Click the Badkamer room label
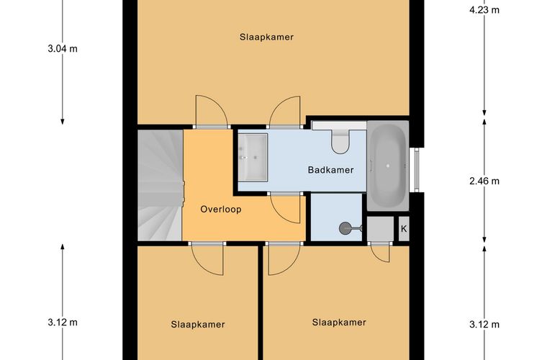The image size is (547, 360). [330, 170]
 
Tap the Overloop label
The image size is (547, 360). [221, 210]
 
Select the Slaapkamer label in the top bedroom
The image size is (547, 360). [266, 37]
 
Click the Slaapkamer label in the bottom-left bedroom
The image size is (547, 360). [198, 325]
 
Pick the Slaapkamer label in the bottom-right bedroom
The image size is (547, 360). [339, 323]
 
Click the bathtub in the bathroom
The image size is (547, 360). [387, 166]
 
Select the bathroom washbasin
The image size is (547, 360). [253, 158]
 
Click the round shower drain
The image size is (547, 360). [345, 228]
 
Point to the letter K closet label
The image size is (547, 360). [404, 229]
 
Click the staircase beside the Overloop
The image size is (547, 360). [161, 185]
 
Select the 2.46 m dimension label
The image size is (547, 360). [484, 181]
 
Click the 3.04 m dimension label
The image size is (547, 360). [63, 48]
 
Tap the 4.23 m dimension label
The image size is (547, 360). [484, 10]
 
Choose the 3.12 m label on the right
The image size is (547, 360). [484, 325]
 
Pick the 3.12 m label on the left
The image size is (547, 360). [63, 323]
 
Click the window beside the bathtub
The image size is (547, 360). [417, 170]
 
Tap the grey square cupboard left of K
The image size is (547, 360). [380, 228]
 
